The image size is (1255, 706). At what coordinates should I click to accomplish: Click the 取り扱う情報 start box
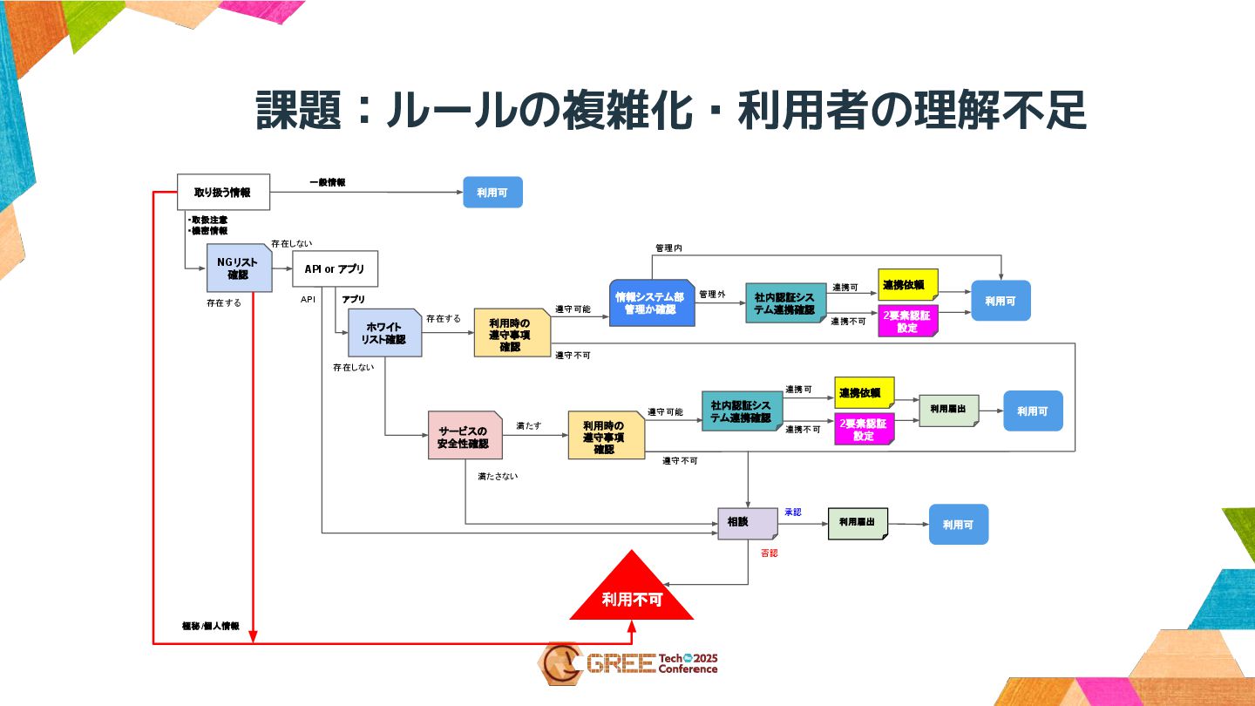pos(223,193)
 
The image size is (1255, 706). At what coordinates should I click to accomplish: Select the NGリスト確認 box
pos(238,268)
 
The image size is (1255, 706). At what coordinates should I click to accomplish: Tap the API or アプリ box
pos(335,268)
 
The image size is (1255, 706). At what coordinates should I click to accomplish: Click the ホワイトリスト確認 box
pos(384,333)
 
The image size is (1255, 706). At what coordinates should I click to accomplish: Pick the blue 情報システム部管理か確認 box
pos(650,302)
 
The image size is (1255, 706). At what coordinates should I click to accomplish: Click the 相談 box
pos(747,523)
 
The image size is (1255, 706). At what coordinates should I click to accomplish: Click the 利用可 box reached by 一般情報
pos(492,193)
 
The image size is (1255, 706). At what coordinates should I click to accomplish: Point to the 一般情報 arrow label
pos(328,183)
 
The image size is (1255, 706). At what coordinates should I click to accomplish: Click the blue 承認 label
pos(792,512)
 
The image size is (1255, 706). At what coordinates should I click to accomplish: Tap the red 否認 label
pos(769,553)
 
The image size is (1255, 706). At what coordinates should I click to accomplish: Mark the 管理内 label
pos(668,248)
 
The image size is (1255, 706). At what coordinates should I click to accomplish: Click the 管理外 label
pos(712,295)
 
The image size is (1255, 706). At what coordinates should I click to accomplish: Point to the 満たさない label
pos(498,477)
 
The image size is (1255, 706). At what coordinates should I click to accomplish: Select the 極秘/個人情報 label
pos(210,626)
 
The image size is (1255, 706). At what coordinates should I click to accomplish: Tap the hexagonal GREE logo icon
pos(558,664)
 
